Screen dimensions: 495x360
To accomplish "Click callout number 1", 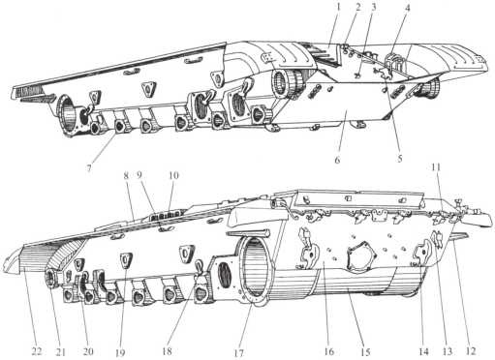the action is pos(338,7).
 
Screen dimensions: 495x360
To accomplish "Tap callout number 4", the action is pos(408,8).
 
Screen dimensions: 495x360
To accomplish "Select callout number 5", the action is pos(400,159).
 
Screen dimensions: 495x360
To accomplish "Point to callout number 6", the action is pos(337,160).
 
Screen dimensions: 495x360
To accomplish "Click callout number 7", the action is pos(89,168).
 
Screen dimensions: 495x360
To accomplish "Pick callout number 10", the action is pos(173,176).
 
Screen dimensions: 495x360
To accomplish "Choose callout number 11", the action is pos(436,167).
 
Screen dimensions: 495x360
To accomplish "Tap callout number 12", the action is pos(471,350).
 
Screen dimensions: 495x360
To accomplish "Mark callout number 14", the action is pos(423,350).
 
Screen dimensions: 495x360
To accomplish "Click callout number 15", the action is pos(365,352).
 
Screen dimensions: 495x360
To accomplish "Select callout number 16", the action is pos(328,351).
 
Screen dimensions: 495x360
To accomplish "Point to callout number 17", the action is pos(238,352).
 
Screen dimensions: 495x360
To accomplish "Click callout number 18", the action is pos(167,350).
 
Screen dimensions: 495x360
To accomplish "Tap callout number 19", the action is pos(120,352).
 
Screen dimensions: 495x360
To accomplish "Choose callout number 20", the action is pos(88,351).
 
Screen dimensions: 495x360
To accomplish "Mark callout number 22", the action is pos(37,350).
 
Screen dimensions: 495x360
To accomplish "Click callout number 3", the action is pos(374,7).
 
